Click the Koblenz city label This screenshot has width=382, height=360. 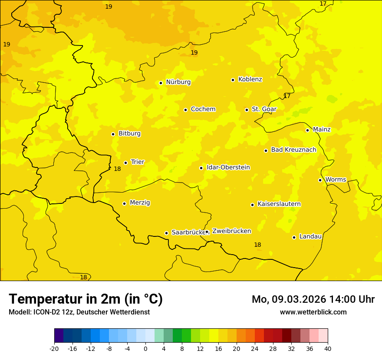(x=250, y=79)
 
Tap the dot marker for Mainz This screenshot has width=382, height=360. (x=307, y=130)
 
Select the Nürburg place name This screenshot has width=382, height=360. (x=178, y=82)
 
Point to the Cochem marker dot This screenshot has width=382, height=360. (x=185, y=110)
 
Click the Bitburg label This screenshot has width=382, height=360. (x=129, y=134)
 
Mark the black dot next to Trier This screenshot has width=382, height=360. (x=125, y=163)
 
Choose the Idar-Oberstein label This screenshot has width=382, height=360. (x=228, y=167)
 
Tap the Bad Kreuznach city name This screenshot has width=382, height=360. (x=293, y=150)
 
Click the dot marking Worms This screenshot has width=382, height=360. (x=320, y=180)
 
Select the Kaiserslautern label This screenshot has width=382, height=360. (x=279, y=204)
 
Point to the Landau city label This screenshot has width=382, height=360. (x=310, y=236)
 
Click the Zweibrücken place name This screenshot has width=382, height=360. (x=231, y=231)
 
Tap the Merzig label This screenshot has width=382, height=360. (x=140, y=203)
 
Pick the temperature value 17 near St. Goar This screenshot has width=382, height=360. (x=287, y=96)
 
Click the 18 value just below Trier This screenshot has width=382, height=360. (x=117, y=169)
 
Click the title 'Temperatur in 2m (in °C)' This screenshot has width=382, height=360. (x=86, y=299)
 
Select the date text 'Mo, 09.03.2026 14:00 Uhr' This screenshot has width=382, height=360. (x=313, y=299)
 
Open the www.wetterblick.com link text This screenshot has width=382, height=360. (x=313, y=312)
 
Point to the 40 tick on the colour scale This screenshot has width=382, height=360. (x=328, y=348)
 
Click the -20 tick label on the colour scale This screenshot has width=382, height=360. (x=54, y=348)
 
